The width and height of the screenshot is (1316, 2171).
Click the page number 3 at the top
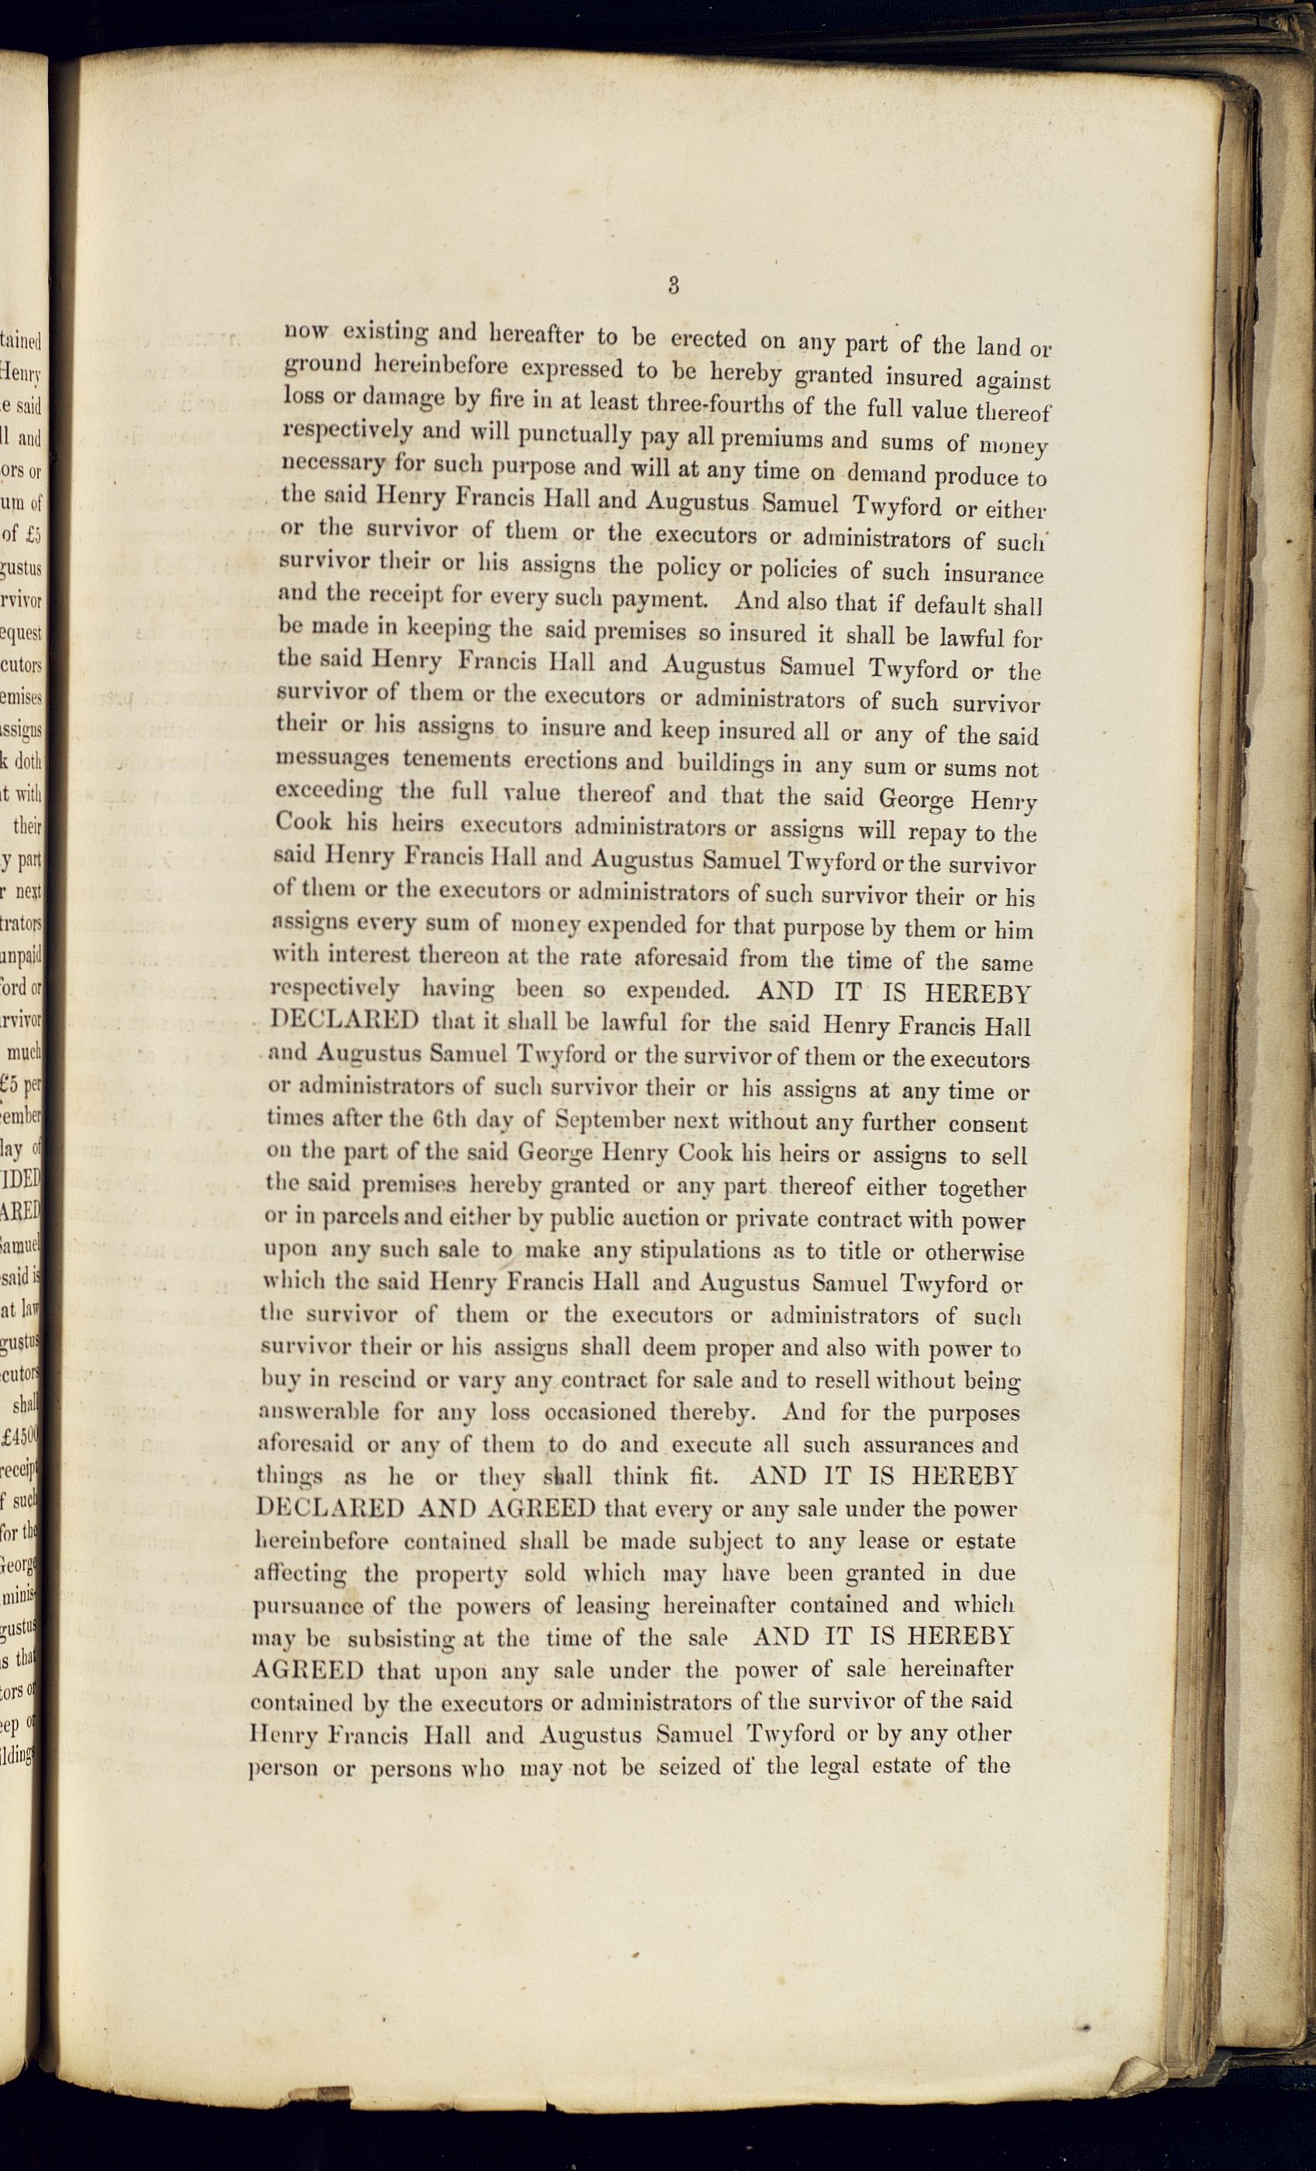click(x=673, y=286)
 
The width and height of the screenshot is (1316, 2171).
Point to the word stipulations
click(x=701, y=1251)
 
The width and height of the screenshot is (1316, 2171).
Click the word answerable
click(x=318, y=1412)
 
